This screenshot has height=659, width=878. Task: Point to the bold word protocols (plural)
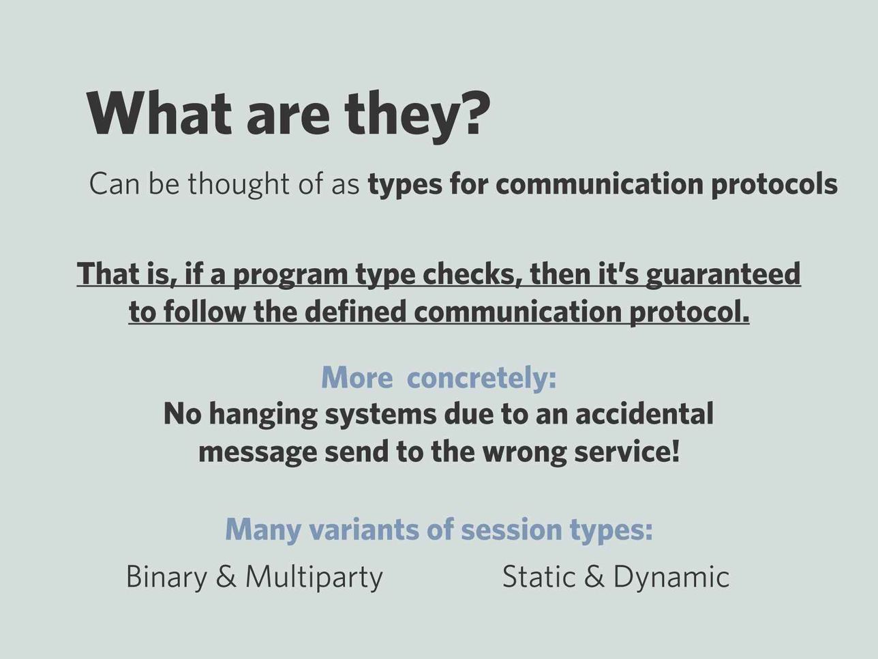pos(774,184)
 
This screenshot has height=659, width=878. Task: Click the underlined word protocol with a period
pos(689,312)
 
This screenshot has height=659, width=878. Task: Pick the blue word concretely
pos(481,378)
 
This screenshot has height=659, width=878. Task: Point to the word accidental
pos(644,413)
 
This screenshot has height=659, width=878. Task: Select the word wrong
pos(524,452)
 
